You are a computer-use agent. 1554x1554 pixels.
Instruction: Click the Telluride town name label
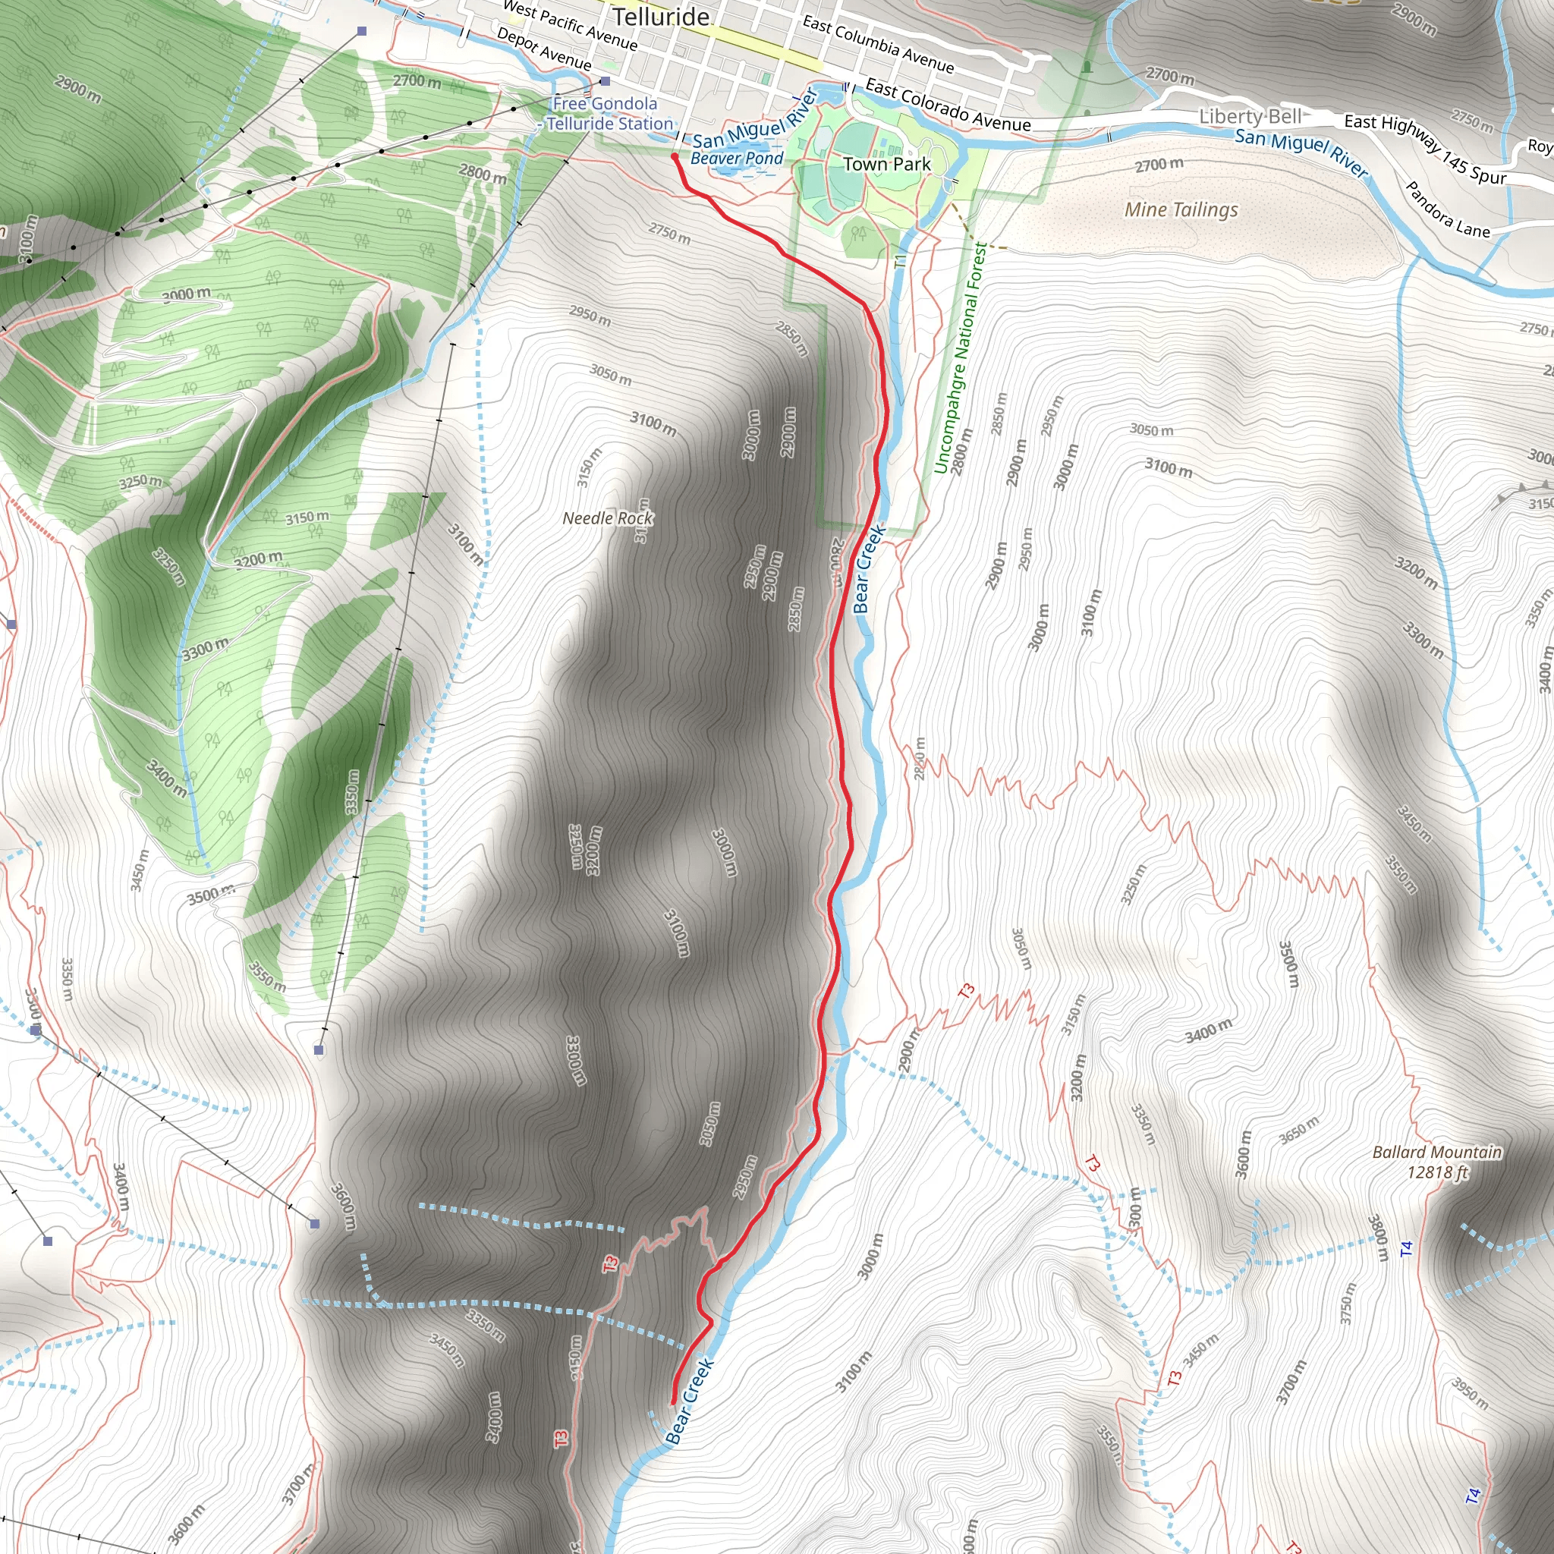pyautogui.click(x=660, y=17)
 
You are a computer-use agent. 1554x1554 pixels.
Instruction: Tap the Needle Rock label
pyautogui.click(x=607, y=518)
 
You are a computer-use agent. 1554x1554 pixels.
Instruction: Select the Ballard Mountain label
pyautogui.click(x=1436, y=1152)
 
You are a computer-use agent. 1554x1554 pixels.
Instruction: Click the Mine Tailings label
pyautogui.click(x=1181, y=210)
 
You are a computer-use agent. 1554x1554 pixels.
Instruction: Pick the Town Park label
pyautogui.click(x=886, y=164)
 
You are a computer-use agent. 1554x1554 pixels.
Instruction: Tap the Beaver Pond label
pyautogui.click(x=736, y=159)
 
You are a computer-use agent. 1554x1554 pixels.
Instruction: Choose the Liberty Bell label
pyautogui.click(x=1250, y=117)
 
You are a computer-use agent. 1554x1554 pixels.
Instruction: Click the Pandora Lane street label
pyautogui.click(x=1447, y=210)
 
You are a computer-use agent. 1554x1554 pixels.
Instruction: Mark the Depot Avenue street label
pyautogui.click(x=544, y=49)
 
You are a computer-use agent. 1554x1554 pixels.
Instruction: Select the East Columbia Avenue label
pyautogui.click(x=878, y=45)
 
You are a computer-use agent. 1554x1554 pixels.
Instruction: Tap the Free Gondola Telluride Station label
pyautogui.click(x=608, y=113)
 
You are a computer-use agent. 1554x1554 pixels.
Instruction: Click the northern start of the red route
pyautogui.click(x=674, y=156)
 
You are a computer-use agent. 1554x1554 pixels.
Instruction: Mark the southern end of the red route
pyautogui.click(x=672, y=1405)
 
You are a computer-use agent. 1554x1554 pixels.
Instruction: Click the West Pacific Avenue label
pyautogui.click(x=570, y=25)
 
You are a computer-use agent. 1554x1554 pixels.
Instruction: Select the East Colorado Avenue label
pyautogui.click(x=948, y=105)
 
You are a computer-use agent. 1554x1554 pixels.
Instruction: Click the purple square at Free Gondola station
pyautogui.click(x=605, y=81)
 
